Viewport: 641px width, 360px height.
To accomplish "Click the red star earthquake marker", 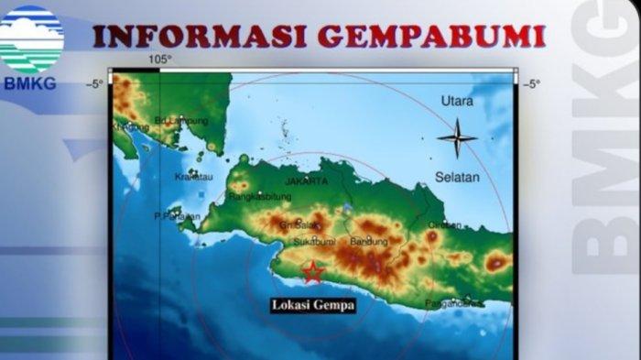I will click(x=313, y=272).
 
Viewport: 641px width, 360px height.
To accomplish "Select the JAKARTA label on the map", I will click(x=306, y=181).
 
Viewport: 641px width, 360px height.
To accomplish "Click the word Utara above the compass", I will click(x=456, y=100).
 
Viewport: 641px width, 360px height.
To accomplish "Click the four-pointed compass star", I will click(x=456, y=138).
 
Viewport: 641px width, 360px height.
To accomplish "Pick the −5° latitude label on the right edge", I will click(x=530, y=84).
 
